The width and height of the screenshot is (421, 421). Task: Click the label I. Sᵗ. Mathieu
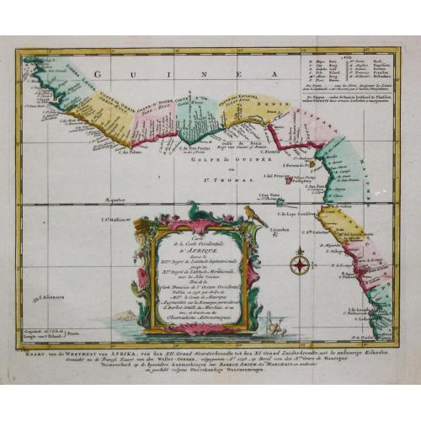tap(115, 220)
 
